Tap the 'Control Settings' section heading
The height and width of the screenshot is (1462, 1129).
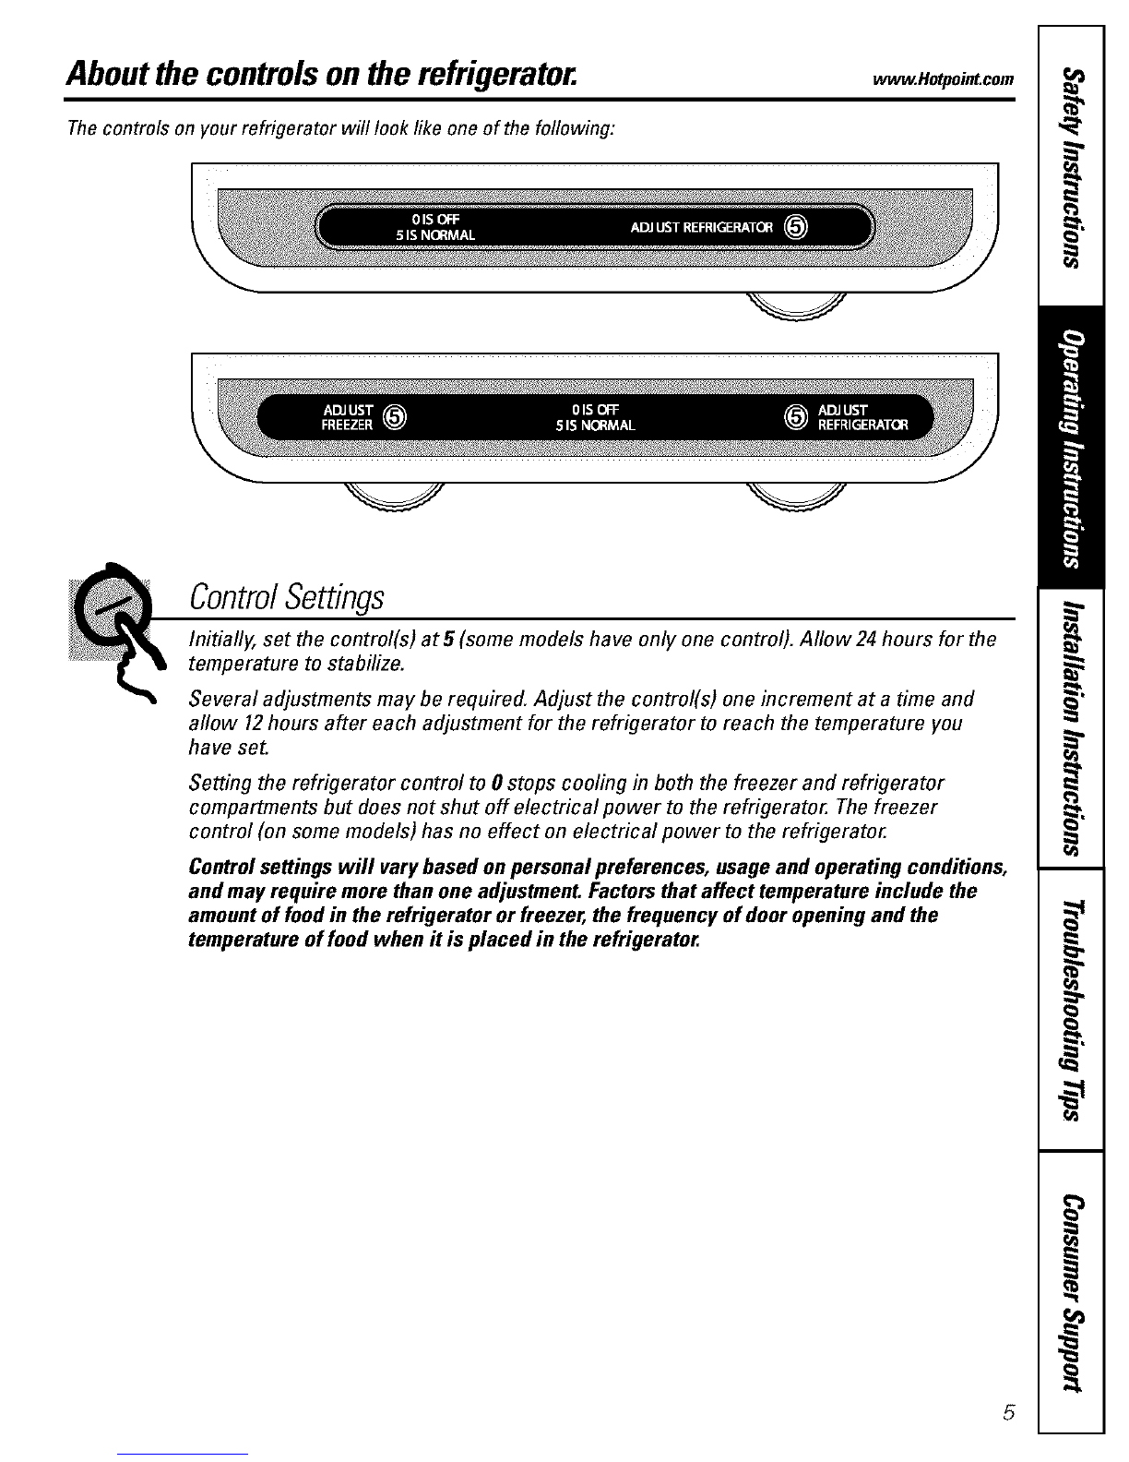[285, 597]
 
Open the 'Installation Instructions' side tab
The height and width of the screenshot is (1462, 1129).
[1070, 727]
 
